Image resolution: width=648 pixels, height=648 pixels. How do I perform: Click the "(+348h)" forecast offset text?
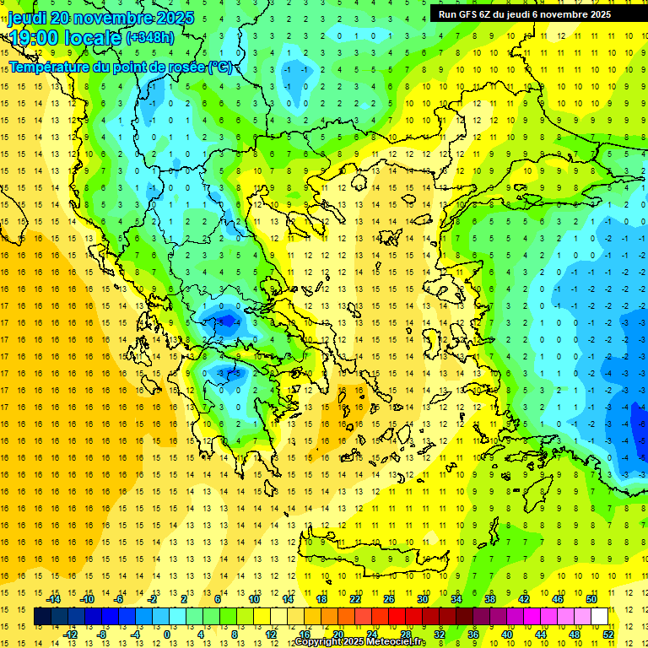coord(150,38)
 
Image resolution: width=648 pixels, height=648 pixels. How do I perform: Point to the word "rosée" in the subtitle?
coord(182,67)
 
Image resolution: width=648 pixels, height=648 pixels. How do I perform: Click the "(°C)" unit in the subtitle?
coord(220,67)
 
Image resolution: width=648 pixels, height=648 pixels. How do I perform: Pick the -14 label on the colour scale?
coord(55,599)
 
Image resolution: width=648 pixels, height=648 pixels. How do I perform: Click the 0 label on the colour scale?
coord(166,634)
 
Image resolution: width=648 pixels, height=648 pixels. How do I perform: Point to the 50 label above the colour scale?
coord(591,599)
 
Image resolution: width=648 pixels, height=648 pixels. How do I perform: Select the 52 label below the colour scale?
coord(608,634)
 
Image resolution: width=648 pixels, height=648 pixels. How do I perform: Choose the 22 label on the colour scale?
coord(355,599)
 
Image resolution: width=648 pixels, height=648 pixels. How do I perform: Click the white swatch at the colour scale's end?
coord(600,617)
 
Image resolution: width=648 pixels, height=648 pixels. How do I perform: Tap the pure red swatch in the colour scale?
coord(397,617)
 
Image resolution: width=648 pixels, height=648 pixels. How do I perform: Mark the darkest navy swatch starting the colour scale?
coord(42,617)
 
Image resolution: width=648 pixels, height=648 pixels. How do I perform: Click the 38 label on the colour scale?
coord(490,599)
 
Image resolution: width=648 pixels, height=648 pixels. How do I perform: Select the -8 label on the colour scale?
coord(102,634)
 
